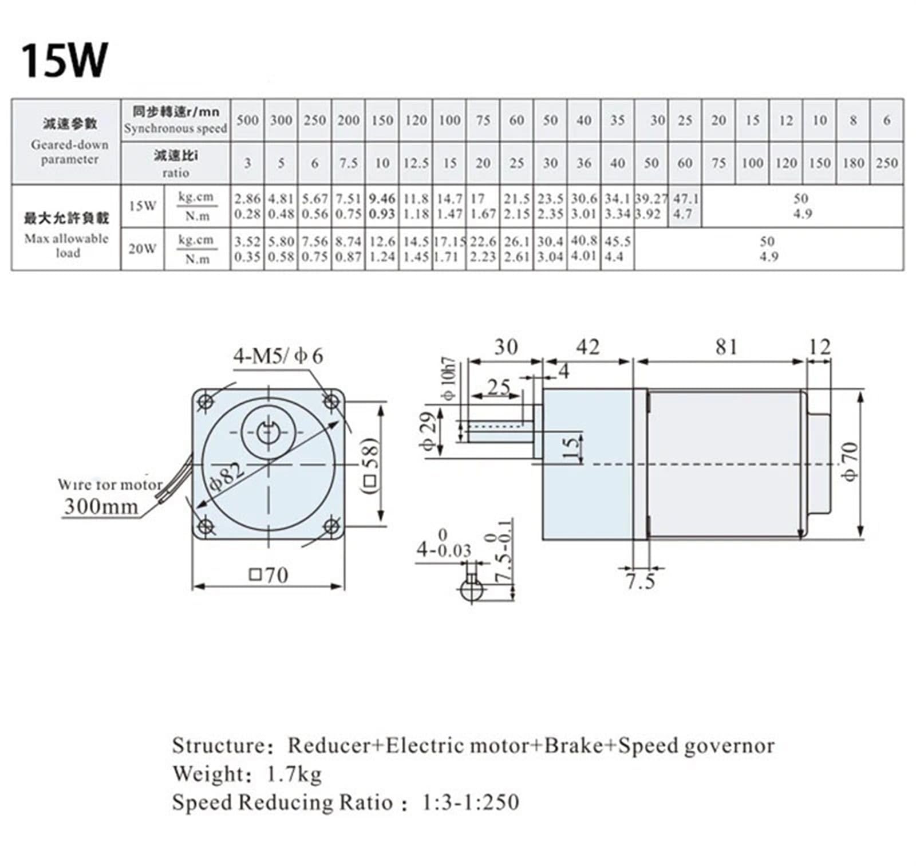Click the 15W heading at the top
click(x=64, y=60)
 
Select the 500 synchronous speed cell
click(x=247, y=120)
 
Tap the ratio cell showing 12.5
click(x=416, y=163)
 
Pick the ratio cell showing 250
click(x=886, y=163)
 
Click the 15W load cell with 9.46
click(x=382, y=206)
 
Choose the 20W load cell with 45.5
click(x=617, y=249)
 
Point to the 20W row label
click(x=142, y=249)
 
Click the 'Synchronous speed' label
click(x=175, y=129)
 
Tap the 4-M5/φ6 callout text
click(x=278, y=356)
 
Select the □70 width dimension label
click(x=269, y=574)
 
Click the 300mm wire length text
click(x=101, y=506)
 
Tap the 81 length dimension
click(x=725, y=347)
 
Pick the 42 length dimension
click(x=587, y=347)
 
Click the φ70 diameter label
click(x=850, y=462)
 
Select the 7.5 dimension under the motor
click(x=639, y=582)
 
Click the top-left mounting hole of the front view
click(x=206, y=401)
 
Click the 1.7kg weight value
click(x=294, y=774)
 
